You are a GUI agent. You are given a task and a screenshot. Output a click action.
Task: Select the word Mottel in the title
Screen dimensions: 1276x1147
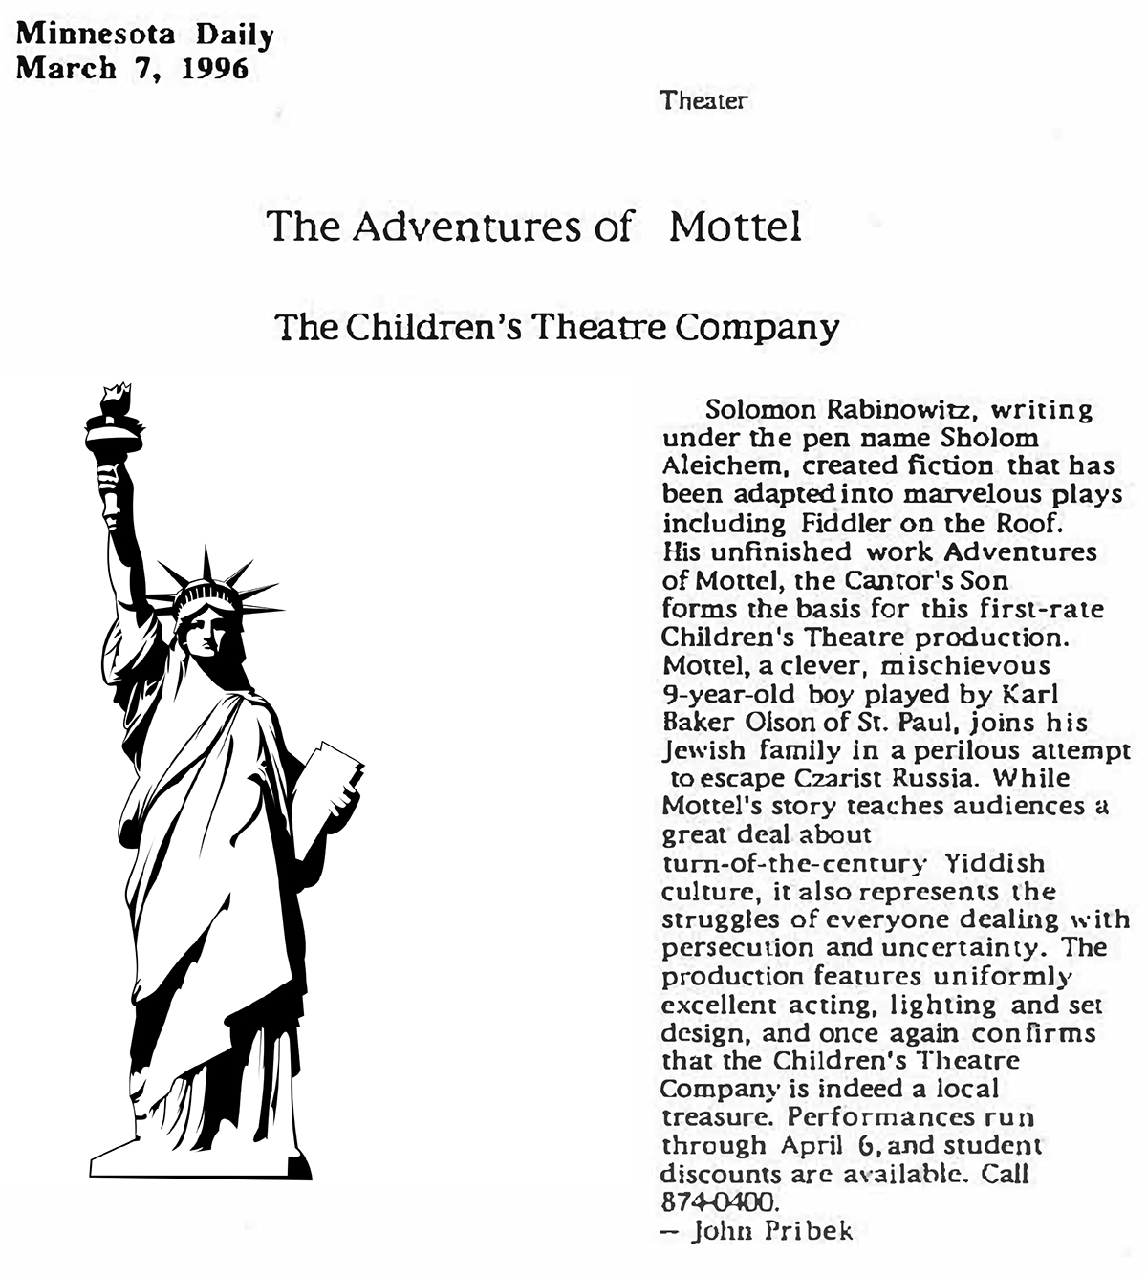(735, 227)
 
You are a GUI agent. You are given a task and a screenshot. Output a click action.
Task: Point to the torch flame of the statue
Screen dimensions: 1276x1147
(116, 396)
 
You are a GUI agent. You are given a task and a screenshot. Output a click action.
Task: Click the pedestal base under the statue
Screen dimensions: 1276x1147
(201, 1160)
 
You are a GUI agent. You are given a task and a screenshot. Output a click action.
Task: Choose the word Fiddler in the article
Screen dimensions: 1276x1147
(845, 524)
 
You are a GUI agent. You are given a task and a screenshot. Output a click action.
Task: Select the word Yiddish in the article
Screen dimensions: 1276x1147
(994, 863)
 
